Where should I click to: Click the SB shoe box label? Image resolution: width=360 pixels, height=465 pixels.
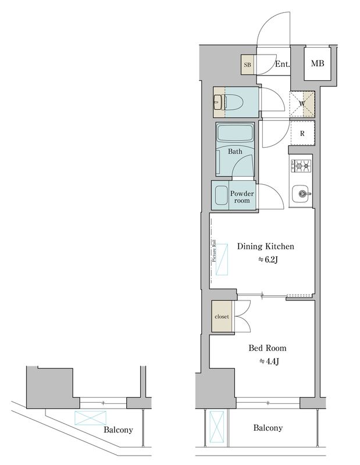(x=247, y=65)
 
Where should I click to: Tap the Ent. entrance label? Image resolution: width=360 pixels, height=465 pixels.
(x=282, y=64)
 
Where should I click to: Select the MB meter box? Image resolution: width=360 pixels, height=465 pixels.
(x=318, y=63)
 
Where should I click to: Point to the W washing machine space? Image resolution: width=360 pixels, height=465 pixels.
(x=302, y=104)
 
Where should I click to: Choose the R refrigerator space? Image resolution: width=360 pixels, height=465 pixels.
(x=302, y=134)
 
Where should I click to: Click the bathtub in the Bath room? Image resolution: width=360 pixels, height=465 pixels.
(x=235, y=134)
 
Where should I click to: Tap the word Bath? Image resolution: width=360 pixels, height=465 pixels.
(x=235, y=152)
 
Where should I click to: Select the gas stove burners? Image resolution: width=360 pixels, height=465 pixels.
(x=301, y=166)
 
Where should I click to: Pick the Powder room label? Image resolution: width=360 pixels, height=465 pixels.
(x=242, y=197)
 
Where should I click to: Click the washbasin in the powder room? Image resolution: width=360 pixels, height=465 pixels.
(x=220, y=195)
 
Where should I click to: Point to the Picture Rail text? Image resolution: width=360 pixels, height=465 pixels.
(x=214, y=251)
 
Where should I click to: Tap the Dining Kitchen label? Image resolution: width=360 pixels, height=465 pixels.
(x=265, y=246)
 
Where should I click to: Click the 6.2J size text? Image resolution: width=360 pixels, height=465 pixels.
(x=268, y=260)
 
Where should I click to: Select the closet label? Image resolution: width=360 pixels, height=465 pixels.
(x=222, y=317)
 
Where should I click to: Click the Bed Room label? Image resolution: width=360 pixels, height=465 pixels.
(x=268, y=348)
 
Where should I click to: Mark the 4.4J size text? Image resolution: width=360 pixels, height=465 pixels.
(x=269, y=362)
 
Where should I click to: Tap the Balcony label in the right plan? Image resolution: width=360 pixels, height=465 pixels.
(x=268, y=428)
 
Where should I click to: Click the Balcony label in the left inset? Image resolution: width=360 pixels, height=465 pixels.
(x=118, y=430)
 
